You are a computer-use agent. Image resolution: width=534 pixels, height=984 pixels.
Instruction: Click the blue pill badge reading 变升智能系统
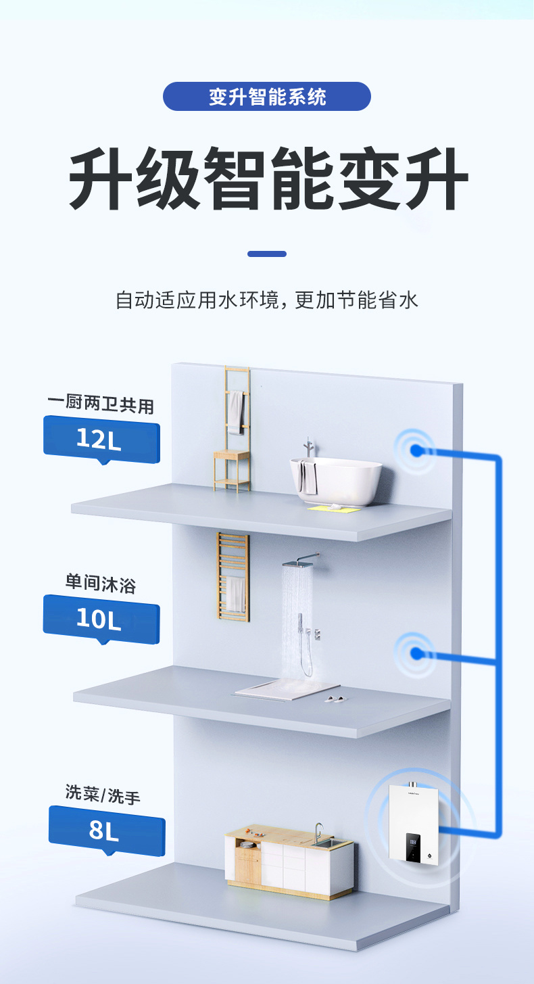[x=267, y=96]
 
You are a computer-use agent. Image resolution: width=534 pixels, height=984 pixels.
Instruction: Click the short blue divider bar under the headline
[x=267, y=254]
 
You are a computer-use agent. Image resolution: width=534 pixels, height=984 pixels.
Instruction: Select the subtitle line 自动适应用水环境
[x=267, y=300]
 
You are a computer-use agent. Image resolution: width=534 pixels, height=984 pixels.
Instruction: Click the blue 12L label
[x=101, y=440]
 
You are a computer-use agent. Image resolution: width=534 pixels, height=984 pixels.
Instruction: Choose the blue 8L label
[x=106, y=831]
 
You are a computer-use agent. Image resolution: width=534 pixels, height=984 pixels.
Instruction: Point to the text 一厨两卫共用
[x=101, y=406]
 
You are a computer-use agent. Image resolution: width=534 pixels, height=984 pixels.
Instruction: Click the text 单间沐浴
[x=101, y=583]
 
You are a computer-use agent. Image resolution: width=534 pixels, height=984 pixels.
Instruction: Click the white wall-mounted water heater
[x=414, y=823]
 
